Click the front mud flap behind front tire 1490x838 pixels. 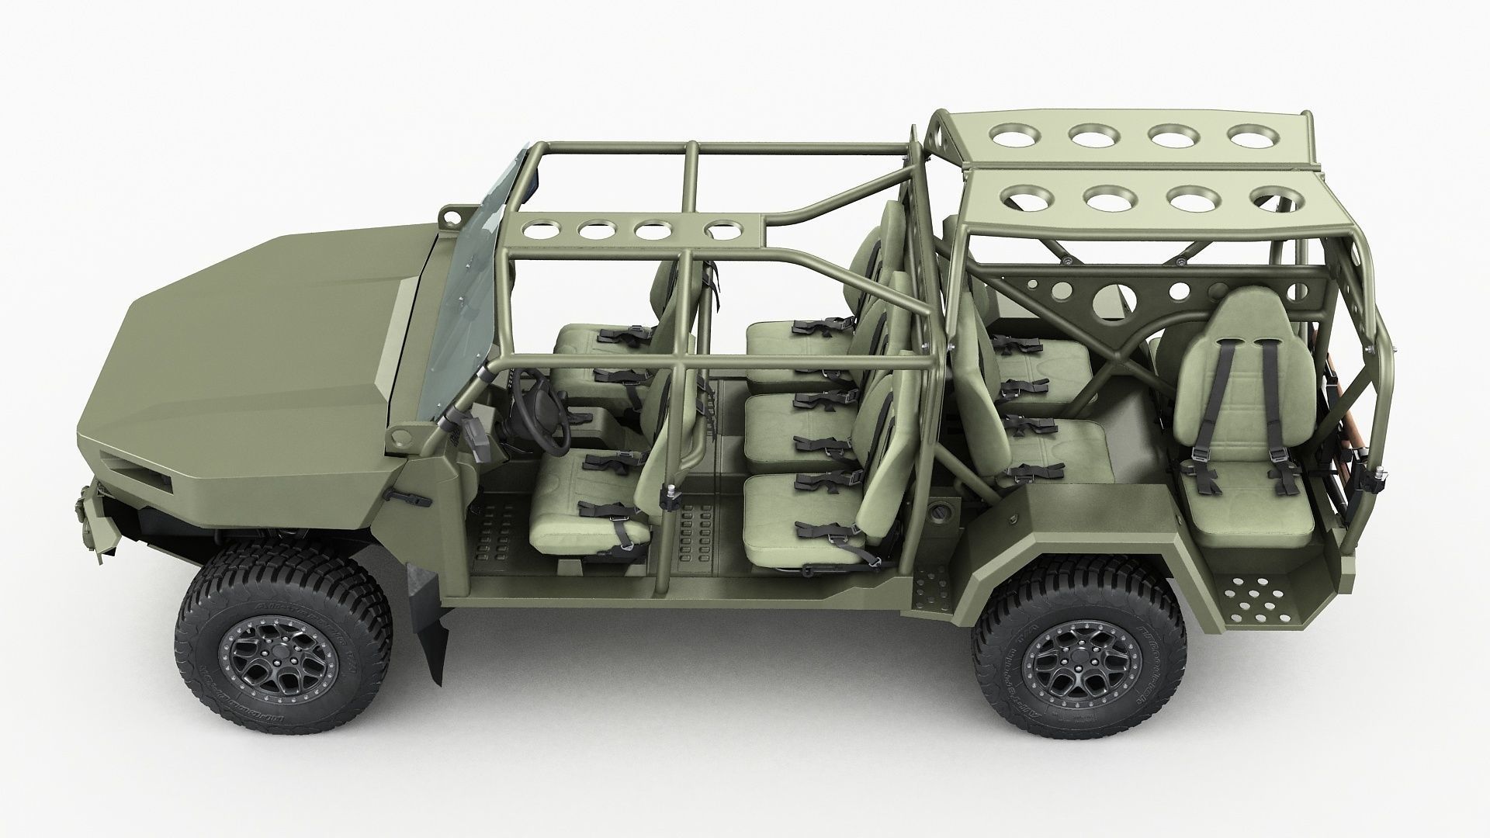click(431, 621)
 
